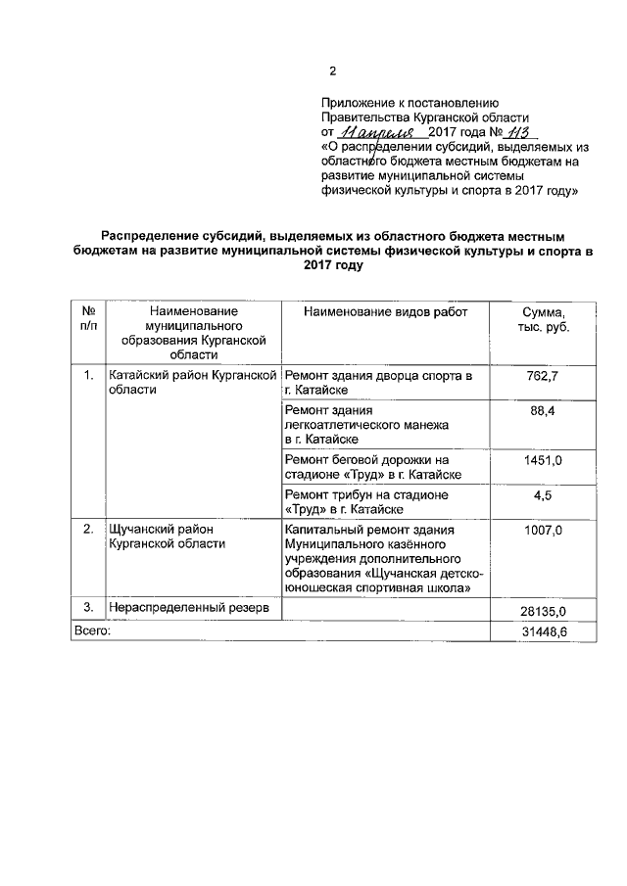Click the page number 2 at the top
click(331, 70)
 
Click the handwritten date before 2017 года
click(370, 131)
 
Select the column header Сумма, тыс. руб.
click(543, 319)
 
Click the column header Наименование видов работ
click(386, 311)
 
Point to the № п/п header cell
click(88, 319)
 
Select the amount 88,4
click(543, 411)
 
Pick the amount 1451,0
click(543, 459)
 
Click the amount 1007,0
click(543, 530)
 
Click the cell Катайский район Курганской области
click(191, 382)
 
